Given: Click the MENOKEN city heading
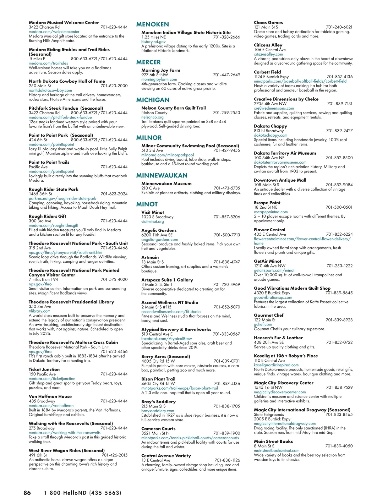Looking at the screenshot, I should pyautogui.click(x=152, y=25).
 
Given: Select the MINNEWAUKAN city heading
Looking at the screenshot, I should pyautogui.click(x=161, y=176).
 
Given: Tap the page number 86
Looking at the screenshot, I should pyautogui.click(x=27, y=493).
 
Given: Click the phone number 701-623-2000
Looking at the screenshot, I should pyautogui.click(x=114, y=86).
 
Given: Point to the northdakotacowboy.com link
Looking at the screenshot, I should pyautogui.click(x=50, y=90).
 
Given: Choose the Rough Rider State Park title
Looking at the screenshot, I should pyautogui.click(x=53, y=189).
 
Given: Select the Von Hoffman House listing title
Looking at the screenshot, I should pyautogui.click(x=50, y=397).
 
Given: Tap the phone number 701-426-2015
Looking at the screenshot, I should pyautogui.click(x=114, y=455).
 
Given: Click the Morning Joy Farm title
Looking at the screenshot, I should pyautogui.click(x=161, y=70).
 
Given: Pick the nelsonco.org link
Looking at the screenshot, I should pyautogui.click(x=152, y=117).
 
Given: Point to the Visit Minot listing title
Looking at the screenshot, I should pyautogui.click(x=152, y=212).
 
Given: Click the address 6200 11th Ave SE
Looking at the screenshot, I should pyautogui.click(x=157, y=235).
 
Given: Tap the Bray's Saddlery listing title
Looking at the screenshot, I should pyautogui.click(x=158, y=402).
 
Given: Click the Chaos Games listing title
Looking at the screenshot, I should pyautogui.click(x=268, y=23).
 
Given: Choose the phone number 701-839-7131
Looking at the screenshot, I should pyautogui.click(x=340, y=104).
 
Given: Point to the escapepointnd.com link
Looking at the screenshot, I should pyautogui.click(x=271, y=212).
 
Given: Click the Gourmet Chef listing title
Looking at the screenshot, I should pyautogui.click(x=269, y=315).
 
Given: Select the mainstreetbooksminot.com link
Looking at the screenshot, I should pyautogui.click(x=276, y=451).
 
